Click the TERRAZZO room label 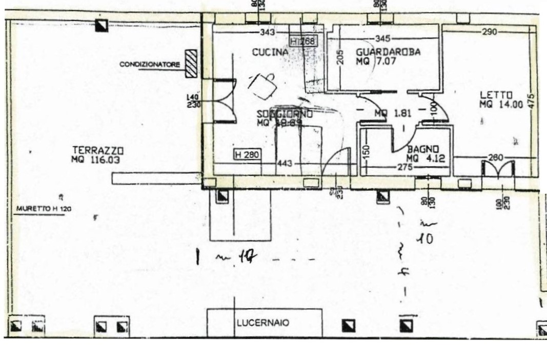tap(98, 150)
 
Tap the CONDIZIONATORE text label tap(150, 65)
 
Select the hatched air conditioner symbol tap(191, 64)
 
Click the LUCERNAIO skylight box tap(264, 323)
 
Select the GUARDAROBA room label tap(388, 52)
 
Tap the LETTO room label tap(496, 95)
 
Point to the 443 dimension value tap(285, 164)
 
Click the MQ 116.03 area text tap(98, 160)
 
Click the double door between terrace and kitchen tap(224, 101)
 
